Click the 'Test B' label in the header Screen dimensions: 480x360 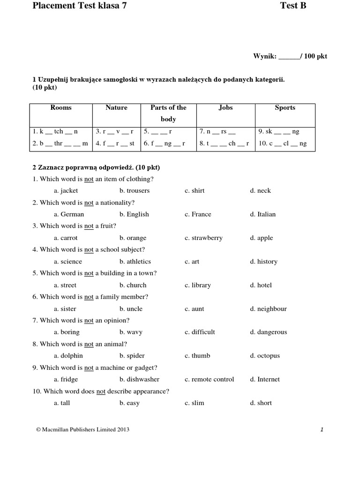293,6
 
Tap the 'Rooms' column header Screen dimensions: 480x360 61,108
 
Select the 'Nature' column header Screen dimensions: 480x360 116,108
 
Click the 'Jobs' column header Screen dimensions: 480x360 225,108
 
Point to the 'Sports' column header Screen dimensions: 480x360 285,108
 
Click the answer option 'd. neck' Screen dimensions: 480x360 260,191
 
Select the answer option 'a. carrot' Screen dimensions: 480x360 66,238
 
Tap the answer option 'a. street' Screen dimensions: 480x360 65,285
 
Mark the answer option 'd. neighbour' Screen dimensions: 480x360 268,309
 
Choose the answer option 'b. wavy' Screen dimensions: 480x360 131,332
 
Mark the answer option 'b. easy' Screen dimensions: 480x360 129,403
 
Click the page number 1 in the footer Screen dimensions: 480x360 322,429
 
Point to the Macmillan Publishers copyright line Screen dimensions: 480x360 82,429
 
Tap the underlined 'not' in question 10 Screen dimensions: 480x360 101,391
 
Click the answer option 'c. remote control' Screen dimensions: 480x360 209,379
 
